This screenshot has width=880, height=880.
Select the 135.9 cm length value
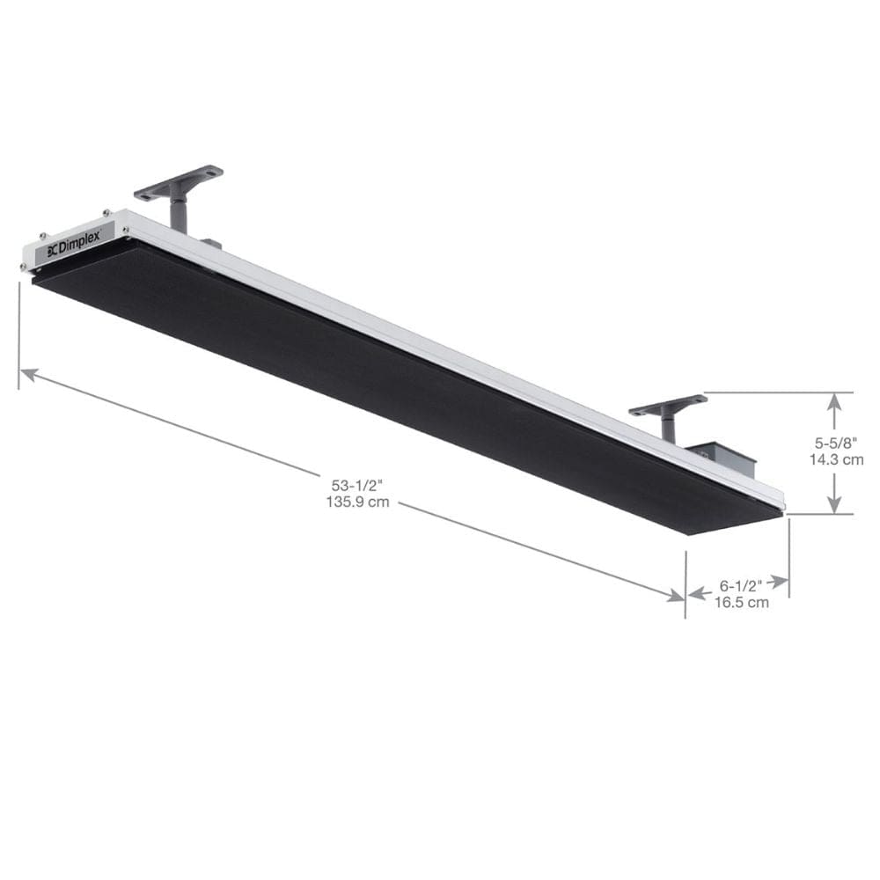pos(356,502)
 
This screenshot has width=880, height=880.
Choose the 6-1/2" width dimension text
pos(740,584)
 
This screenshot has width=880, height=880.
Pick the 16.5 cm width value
pos(740,602)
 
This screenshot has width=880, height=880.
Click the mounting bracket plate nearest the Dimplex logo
pos(180,180)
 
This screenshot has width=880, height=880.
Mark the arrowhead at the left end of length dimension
pos(29,374)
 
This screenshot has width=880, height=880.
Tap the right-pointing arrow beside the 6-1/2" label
pos(780,582)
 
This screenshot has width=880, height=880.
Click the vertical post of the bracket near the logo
pos(180,213)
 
